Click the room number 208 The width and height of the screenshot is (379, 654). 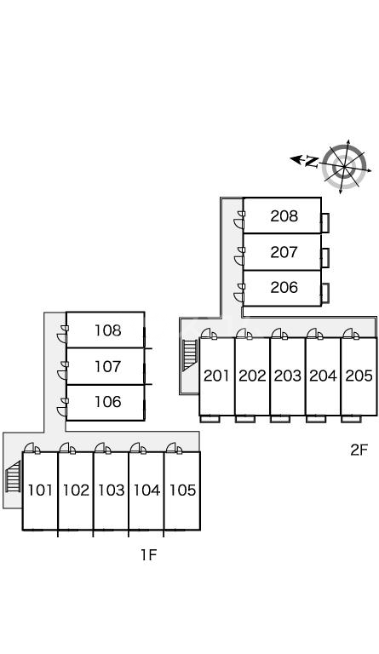284,216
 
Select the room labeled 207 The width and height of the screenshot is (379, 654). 284,252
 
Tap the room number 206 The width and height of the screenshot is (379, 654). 284,287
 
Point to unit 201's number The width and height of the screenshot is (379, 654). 216,376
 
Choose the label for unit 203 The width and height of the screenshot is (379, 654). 287,376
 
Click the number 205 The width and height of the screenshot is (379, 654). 359,376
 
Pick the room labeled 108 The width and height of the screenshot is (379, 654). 107,330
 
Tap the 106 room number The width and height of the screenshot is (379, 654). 107,402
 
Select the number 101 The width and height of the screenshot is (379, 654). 40,490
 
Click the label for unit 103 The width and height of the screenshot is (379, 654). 112,490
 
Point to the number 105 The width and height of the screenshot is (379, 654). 182,490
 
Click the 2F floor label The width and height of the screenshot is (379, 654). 359,450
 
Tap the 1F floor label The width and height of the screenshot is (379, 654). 148,554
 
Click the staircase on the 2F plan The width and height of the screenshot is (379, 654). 190,355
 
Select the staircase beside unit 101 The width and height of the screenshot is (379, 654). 14,477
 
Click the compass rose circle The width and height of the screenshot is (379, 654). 345,166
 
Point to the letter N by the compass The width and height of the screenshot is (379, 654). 312,161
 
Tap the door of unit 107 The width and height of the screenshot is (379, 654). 62,370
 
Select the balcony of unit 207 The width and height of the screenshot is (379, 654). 325,258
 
